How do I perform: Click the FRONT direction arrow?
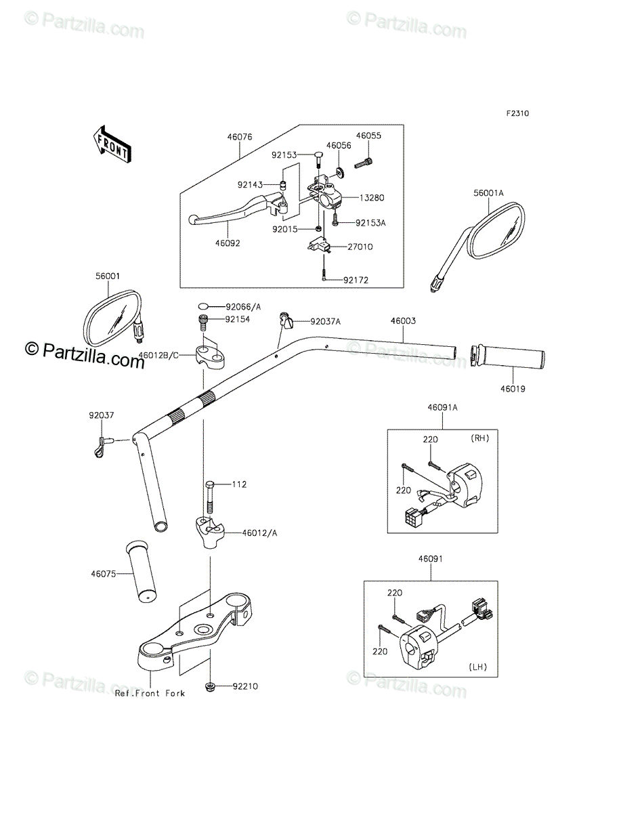click(x=112, y=144)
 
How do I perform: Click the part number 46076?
click(x=240, y=137)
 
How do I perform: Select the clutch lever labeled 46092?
click(x=237, y=208)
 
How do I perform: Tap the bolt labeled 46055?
click(x=364, y=163)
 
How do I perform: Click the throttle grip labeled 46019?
click(x=507, y=356)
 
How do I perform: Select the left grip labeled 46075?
click(x=141, y=572)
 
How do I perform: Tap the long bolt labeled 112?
click(x=209, y=497)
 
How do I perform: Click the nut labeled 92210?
click(x=210, y=686)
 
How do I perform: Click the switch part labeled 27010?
click(x=319, y=245)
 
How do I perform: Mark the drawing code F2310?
click(x=517, y=114)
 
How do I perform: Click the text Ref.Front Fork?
click(x=150, y=693)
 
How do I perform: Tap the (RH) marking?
click(x=479, y=438)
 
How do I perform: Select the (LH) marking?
click(x=478, y=667)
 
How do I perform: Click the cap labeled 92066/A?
click(x=203, y=306)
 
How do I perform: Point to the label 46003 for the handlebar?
click(x=403, y=320)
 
